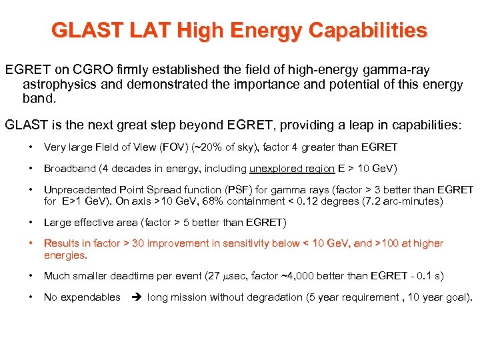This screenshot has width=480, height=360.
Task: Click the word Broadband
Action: [x=68, y=169]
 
